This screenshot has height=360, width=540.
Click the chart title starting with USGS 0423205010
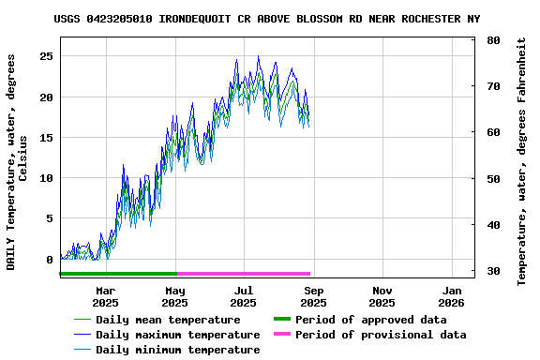pyautogui.click(x=266, y=19)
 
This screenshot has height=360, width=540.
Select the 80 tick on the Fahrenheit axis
pyautogui.click(x=493, y=40)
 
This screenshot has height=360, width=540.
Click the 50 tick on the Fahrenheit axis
pyautogui.click(x=493, y=178)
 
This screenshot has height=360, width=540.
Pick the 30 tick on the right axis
pyautogui.click(x=493, y=271)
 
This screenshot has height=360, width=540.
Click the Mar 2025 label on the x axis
pyautogui.click(x=105, y=296)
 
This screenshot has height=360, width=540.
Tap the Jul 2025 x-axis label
pyautogui.click(x=244, y=296)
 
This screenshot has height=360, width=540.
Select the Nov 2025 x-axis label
pyautogui.click(x=382, y=296)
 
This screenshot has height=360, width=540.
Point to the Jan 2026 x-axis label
pyautogui.click(x=451, y=296)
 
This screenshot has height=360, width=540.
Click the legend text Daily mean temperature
pyautogui.click(x=168, y=320)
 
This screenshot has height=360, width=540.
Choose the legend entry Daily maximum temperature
pyautogui.click(x=177, y=335)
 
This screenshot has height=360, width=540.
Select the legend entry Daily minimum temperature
pyautogui.click(x=177, y=350)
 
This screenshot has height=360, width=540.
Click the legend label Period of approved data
pyautogui.click(x=370, y=320)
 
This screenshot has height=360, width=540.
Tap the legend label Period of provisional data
pyautogui.click(x=380, y=335)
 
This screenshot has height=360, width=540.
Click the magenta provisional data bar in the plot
pyautogui.click(x=244, y=274)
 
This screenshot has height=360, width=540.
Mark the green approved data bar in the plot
pyautogui.click(x=117, y=274)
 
